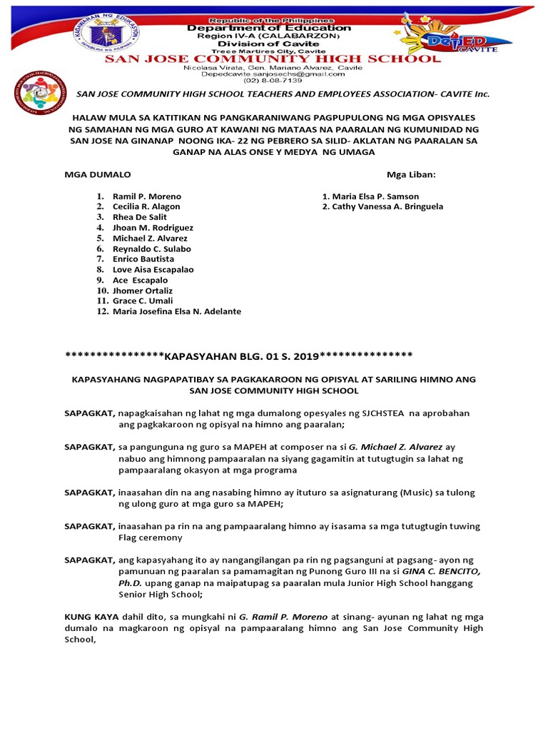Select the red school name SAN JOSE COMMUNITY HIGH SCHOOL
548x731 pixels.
coord(273,59)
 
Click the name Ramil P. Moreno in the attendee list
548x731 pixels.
coord(147,196)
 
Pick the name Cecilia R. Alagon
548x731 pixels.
coord(146,206)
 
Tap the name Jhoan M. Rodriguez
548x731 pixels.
coord(153,228)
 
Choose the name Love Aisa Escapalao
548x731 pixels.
coord(153,270)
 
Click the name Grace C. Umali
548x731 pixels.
coord(143,301)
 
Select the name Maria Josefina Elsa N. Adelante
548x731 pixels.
coord(177,311)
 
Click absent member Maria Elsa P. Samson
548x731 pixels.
coord(375,196)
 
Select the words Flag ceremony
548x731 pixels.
coord(151,538)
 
